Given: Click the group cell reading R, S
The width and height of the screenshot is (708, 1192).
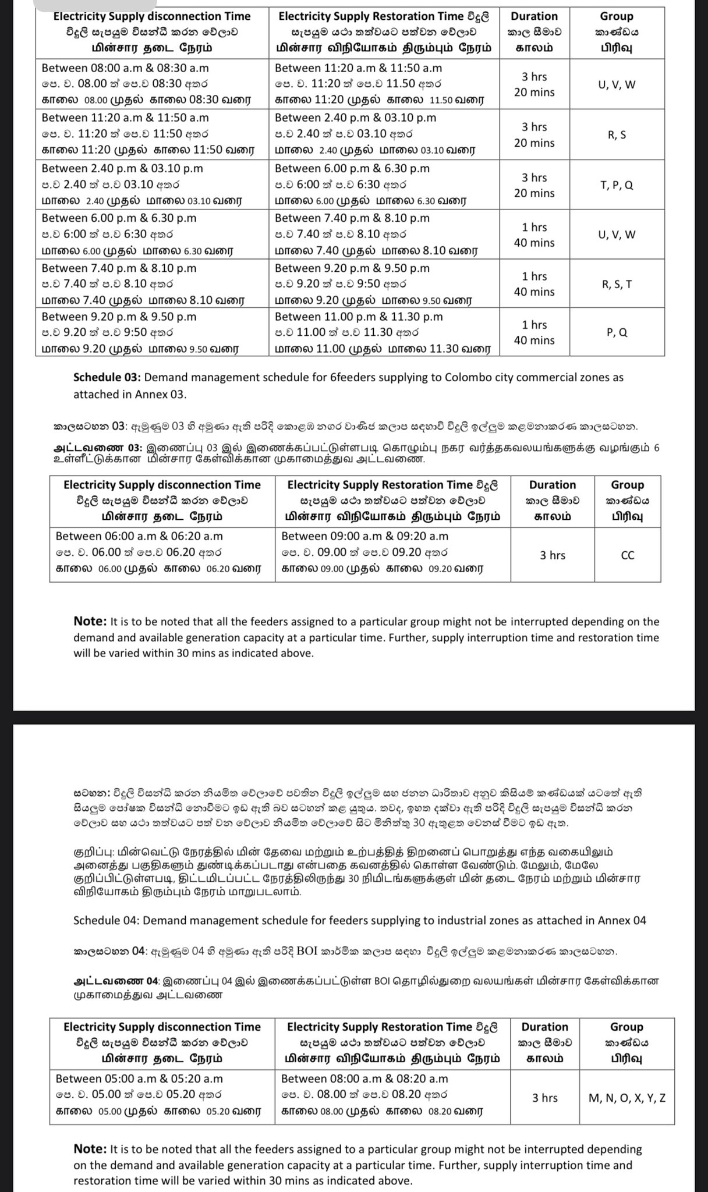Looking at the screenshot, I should (617, 135).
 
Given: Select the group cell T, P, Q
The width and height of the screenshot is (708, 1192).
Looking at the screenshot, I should (617, 185).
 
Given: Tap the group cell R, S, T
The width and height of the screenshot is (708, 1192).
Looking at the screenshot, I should (617, 284).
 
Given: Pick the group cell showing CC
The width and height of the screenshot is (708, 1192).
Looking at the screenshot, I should (627, 555).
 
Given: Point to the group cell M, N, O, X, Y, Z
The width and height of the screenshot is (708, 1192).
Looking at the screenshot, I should (626, 1098).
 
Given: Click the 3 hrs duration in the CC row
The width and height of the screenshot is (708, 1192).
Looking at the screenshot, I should (552, 555).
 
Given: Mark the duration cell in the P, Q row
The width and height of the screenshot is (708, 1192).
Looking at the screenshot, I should (534, 332).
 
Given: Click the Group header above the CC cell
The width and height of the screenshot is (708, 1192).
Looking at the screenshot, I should (627, 485).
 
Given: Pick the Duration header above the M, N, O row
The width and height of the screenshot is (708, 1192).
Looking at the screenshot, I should (544, 1027).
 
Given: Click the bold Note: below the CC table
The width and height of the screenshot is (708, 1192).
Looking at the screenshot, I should (89, 622).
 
